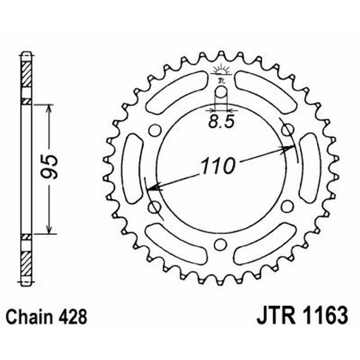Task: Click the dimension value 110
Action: (217, 166)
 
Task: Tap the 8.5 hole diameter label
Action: (221, 121)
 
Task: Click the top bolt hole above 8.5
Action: (220, 93)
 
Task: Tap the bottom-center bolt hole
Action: (220, 244)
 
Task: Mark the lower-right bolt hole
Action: (286, 207)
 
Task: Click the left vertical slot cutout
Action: (131, 169)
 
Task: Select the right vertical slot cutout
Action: (309, 168)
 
